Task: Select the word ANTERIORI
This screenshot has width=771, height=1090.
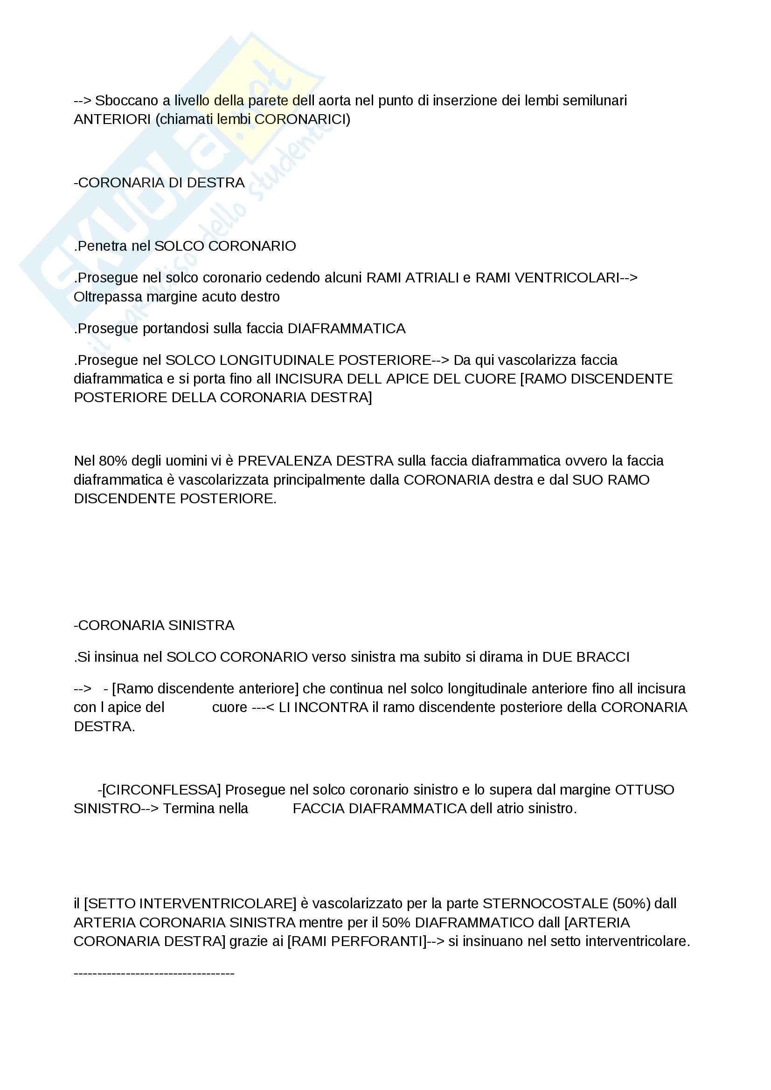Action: click(x=112, y=120)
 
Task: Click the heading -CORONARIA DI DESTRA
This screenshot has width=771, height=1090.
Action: click(x=159, y=183)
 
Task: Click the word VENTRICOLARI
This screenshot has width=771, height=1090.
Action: click(x=547, y=278)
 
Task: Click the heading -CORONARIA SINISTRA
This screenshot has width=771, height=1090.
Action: click(x=154, y=626)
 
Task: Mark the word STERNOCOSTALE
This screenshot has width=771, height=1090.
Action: click(x=545, y=904)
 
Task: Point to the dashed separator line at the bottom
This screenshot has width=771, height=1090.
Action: click(x=154, y=973)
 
